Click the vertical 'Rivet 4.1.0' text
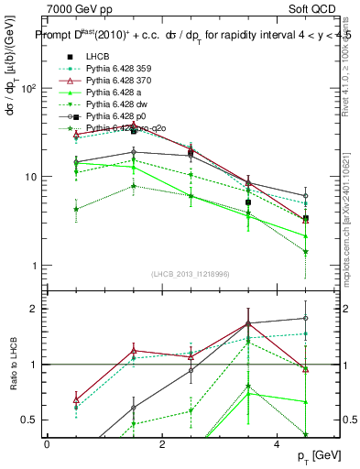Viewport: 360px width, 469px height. (346, 64)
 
